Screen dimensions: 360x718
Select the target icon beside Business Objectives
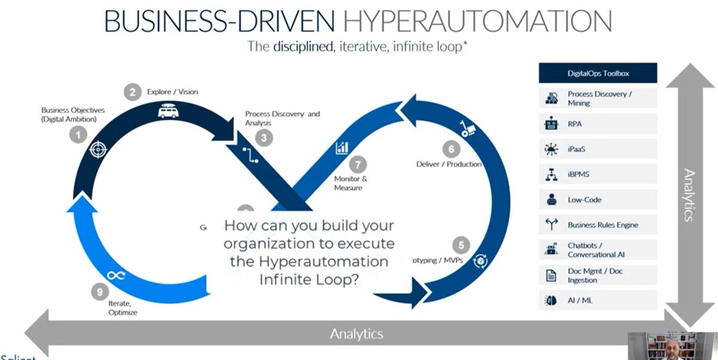click(97, 150)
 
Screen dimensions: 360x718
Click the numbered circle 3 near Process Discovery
click(264, 137)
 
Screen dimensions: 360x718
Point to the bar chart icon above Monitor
click(343, 147)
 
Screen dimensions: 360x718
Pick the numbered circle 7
click(357, 164)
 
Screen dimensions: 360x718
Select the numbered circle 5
click(461, 245)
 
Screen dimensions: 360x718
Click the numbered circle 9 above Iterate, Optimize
click(99, 292)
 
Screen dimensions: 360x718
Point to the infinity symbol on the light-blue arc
click(115, 275)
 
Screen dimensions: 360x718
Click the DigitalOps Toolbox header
click(597, 73)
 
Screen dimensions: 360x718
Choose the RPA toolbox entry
click(576, 124)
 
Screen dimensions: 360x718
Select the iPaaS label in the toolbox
click(576, 149)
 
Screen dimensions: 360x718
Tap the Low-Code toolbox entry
click(584, 200)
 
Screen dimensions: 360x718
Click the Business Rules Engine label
click(603, 225)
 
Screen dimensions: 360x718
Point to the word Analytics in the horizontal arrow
click(356, 334)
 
